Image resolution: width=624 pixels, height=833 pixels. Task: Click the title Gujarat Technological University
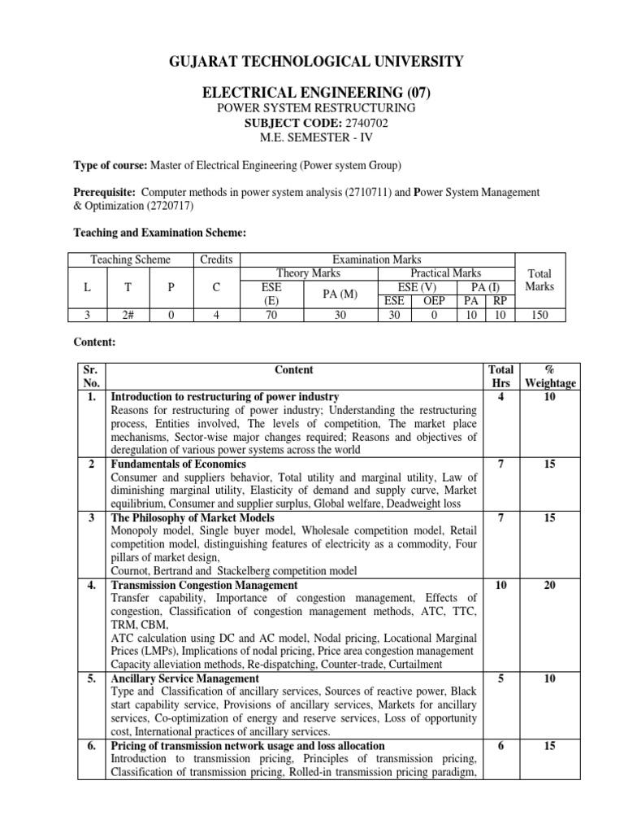[311, 61]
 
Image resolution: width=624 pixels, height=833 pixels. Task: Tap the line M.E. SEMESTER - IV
[312, 137]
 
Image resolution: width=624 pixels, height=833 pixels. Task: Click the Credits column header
[216, 259]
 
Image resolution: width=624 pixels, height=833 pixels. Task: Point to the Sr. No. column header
[90, 376]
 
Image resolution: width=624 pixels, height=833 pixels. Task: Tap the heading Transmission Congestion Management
[203, 585]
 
